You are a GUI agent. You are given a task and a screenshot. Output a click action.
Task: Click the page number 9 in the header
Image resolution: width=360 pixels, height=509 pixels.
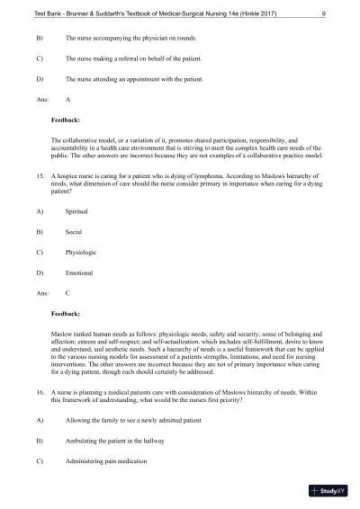[324, 13]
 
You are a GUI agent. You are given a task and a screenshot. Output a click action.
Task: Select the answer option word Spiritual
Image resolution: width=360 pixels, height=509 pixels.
[77, 210]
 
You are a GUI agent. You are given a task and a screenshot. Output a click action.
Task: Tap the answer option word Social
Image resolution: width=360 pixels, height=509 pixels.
[74, 231]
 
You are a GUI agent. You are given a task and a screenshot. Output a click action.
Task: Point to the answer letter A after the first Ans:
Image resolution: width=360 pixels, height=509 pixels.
[68, 99]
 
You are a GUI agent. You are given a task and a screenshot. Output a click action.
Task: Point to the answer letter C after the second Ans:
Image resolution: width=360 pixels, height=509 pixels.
[68, 292]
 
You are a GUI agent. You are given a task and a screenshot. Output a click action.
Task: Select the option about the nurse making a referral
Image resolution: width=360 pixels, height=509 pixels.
[132, 58]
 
